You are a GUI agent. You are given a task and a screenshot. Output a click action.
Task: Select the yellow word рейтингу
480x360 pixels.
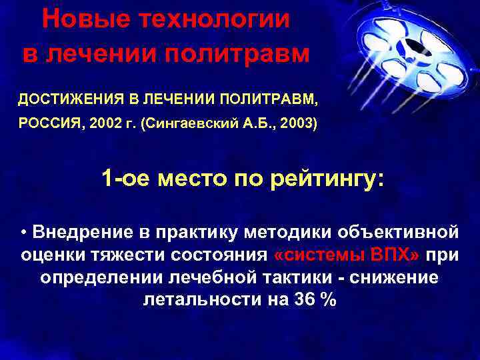(x=327, y=179)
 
